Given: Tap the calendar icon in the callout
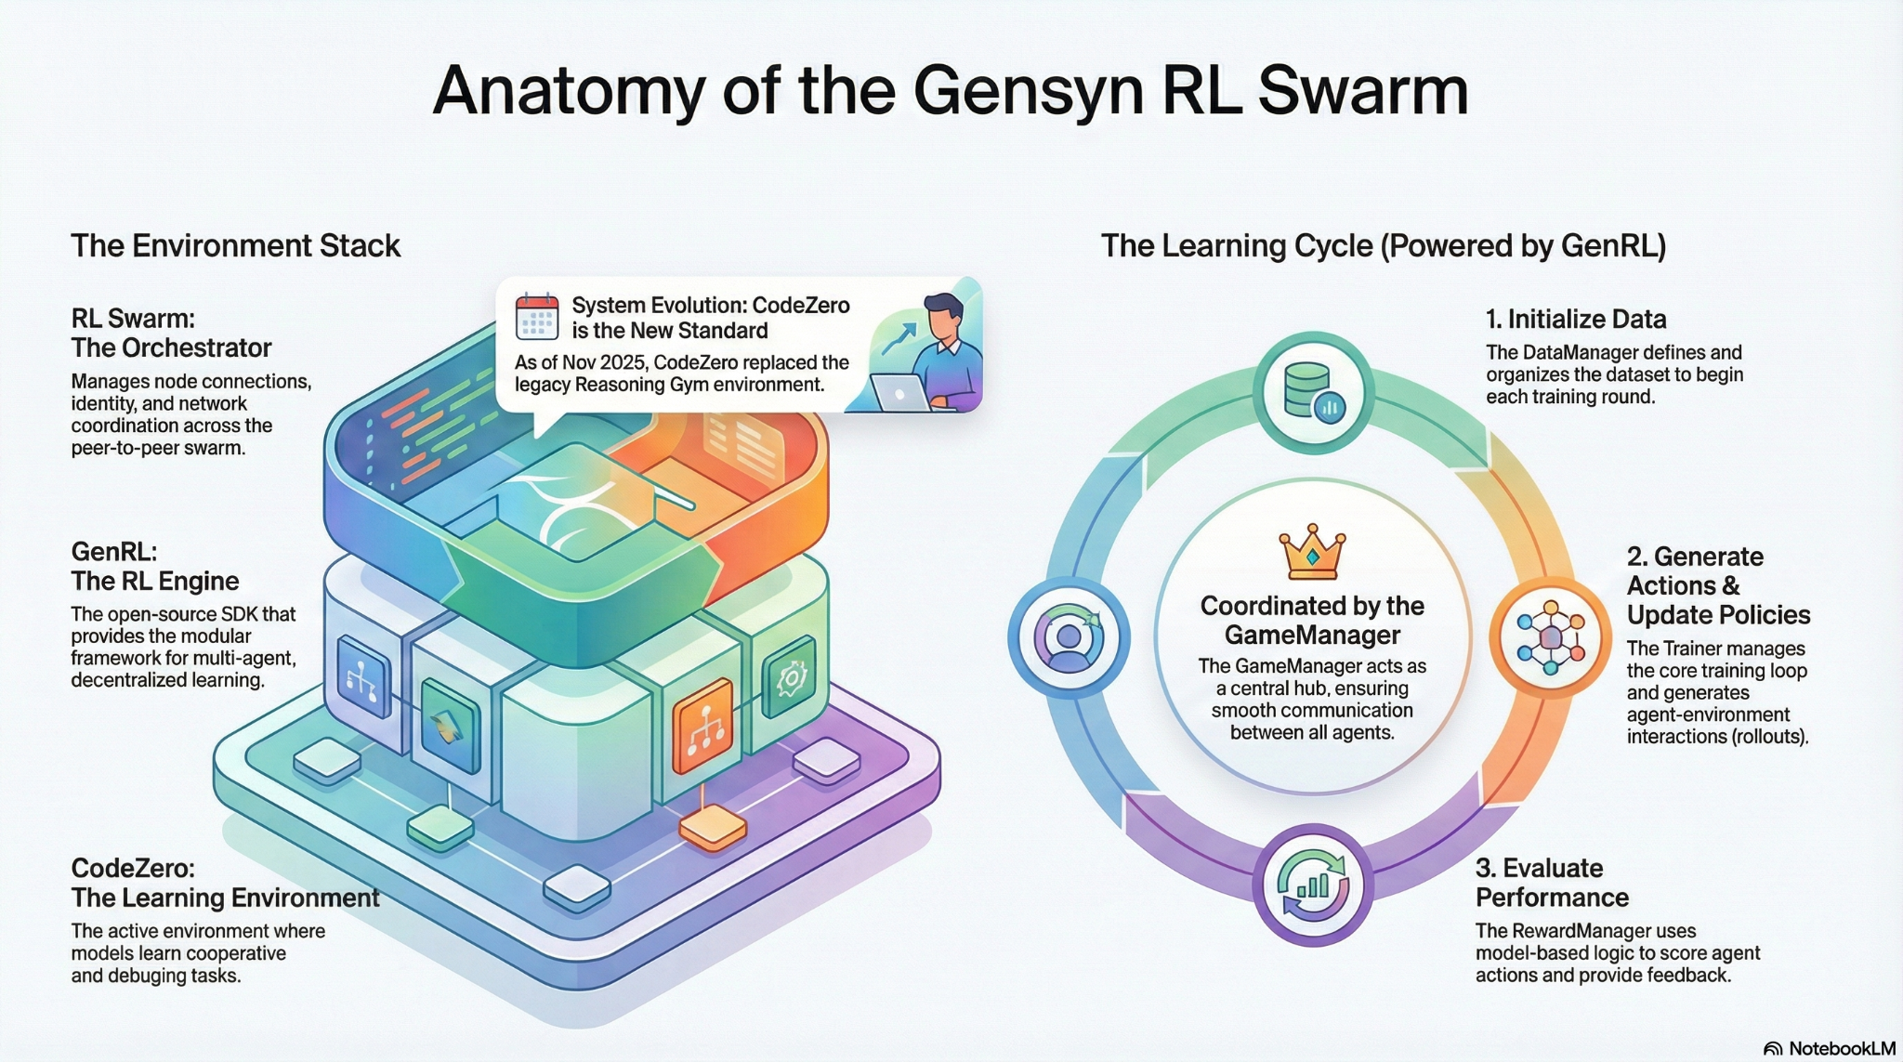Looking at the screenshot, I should [x=537, y=317].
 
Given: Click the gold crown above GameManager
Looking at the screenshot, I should [x=1312, y=552].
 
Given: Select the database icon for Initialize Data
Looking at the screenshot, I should [x=1312, y=392].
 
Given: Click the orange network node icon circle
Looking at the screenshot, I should [x=1549, y=638].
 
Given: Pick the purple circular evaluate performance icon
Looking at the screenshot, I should [x=1312, y=885].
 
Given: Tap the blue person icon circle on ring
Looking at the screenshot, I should [x=1069, y=637].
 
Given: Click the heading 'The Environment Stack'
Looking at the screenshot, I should [x=235, y=246].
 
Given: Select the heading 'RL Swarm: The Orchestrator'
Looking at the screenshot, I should [x=171, y=334].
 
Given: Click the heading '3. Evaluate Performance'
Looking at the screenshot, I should [x=1552, y=883].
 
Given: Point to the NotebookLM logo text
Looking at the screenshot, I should [x=1841, y=1048].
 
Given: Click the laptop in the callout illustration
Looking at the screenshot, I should [x=899, y=392].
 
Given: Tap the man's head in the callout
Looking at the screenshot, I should [x=944, y=316].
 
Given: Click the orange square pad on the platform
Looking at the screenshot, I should [x=713, y=828].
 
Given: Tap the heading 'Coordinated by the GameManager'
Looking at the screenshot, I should [x=1312, y=621].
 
